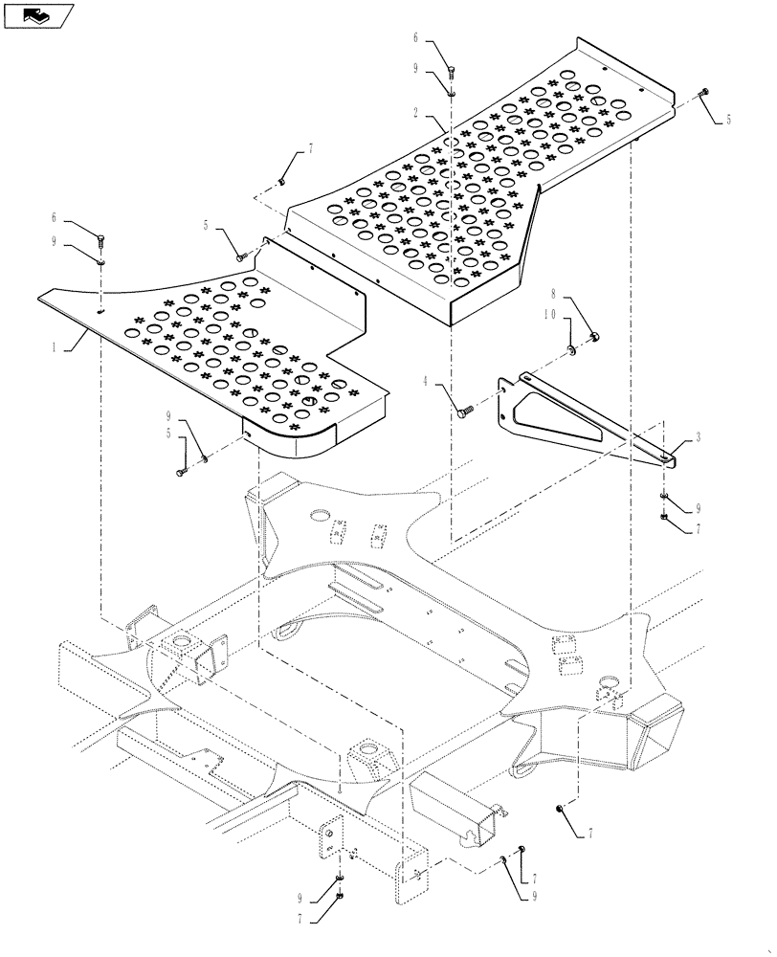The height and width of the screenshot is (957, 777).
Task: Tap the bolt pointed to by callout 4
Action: [465, 411]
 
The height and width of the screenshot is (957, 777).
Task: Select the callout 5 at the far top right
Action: [727, 121]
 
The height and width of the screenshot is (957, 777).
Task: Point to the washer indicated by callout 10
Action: [570, 350]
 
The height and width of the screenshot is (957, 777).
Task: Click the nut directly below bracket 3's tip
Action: [663, 518]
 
